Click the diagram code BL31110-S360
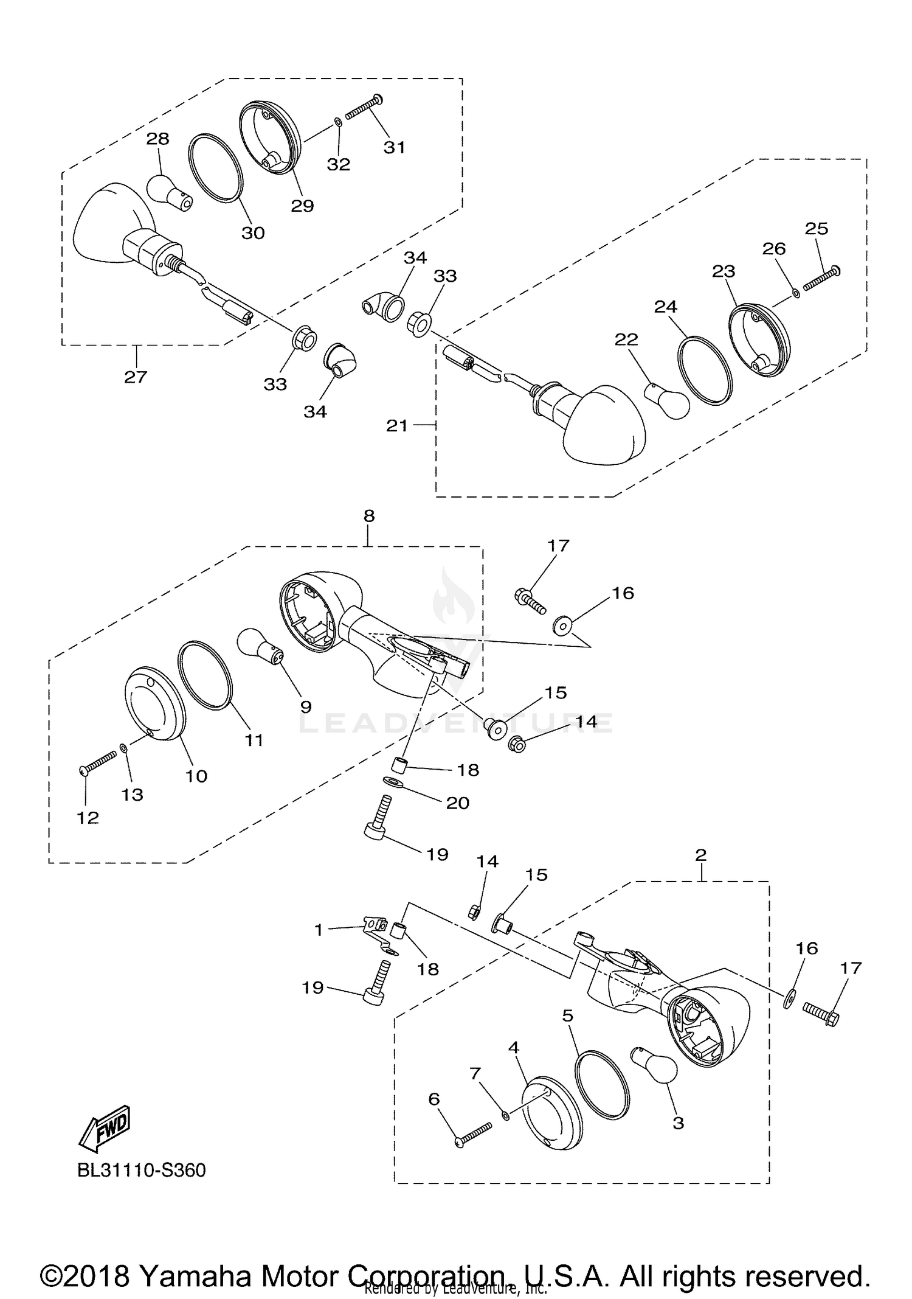click(x=141, y=1170)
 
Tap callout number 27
click(x=136, y=377)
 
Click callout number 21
click(x=396, y=426)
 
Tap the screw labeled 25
click(x=820, y=279)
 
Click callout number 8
click(x=368, y=516)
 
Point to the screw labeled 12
click(x=97, y=763)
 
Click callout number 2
click(x=700, y=855)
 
